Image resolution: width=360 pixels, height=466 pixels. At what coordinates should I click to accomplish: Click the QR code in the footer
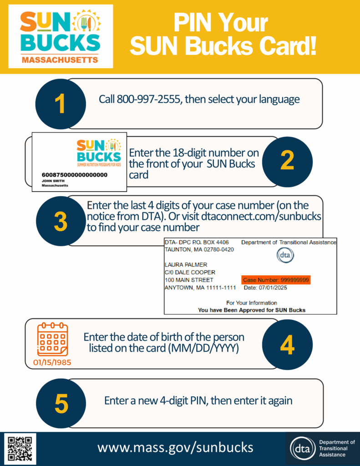pyautogui.click(x=20, y=448)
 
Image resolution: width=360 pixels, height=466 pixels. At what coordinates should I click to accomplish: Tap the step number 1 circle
pyautogui.click(x=61, y=104)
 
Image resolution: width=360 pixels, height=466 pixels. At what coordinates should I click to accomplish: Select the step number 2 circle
pyautogui.click(x=287, y=162)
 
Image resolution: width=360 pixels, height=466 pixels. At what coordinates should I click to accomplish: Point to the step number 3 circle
pyautogui.click(x=61, y=221)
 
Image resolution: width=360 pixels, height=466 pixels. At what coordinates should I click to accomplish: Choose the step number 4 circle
pyautogui.click(x=287, y=345)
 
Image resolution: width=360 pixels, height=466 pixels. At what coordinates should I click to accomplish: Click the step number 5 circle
pyautogui.click(x=61, y=404)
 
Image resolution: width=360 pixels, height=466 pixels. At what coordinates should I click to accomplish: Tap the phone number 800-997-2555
pyautogui.click(x=149, y=99)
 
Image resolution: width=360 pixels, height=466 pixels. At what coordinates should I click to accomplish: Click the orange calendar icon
pyautogui.click(x=53, y=339)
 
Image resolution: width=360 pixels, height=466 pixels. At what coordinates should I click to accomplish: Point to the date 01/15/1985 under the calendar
pyautogui.click(x=52, y=363)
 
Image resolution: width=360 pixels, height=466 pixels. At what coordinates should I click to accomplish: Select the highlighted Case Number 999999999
pyautogui.click(x=276, y=280)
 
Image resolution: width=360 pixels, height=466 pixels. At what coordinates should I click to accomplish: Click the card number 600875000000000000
pyautogui.click(x=75, y=175)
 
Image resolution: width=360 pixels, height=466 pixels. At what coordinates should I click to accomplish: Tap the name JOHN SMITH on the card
pyautogui.click(x=53, y=181)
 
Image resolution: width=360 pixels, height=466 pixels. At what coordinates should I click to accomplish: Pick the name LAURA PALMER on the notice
pyautogui.click(x=186, y=264)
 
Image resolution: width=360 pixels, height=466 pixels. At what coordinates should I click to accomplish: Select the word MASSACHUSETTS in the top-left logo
pyautogui.click(x=60, y=60)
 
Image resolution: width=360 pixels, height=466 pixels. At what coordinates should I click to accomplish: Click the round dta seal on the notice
pyautogui.click(x=285, y=255)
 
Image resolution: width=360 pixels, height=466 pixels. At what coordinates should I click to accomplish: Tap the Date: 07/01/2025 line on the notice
pyautogui.click(x=265, y=288)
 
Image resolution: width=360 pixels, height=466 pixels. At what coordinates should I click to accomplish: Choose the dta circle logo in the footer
pyautogui.click(x=303, y=448)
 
